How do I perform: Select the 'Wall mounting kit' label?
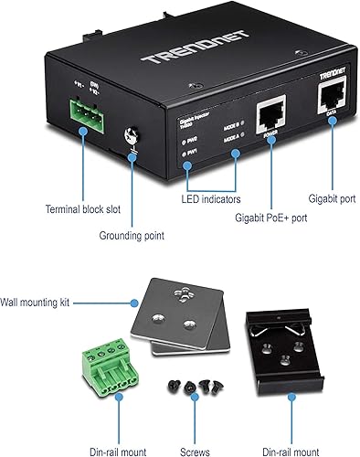[37, 301]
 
